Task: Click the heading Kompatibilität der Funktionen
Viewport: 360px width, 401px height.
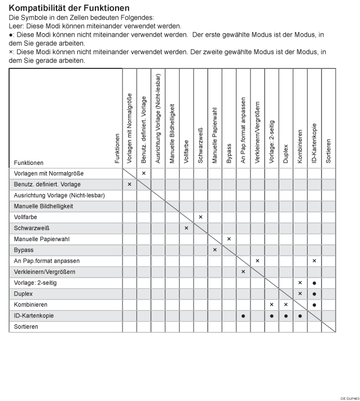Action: click(69, 8)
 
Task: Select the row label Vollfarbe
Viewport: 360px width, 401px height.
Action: click(26, 217)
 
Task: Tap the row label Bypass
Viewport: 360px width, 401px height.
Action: click(24, 250)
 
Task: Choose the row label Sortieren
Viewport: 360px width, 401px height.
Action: click(27, 326)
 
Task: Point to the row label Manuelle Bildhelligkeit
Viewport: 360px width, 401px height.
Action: click(43, 206)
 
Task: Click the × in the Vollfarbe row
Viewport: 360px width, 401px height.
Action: click(200, 217)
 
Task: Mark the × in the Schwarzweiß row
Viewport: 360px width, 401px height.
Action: click(186, 228)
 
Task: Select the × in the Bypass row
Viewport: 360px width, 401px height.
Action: click(214, 250)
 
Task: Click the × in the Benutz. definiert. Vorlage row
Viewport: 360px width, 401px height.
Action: click(129, 184)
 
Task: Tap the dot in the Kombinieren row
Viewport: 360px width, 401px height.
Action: click(314, 304)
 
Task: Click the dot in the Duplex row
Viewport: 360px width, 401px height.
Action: click(314, 294)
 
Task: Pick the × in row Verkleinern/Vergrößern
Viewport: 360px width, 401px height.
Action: click(243, 272)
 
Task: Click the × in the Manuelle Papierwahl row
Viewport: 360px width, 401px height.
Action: click(229, 239)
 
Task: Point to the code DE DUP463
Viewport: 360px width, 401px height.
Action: click(348, 398)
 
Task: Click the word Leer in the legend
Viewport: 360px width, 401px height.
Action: click(16, 26)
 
